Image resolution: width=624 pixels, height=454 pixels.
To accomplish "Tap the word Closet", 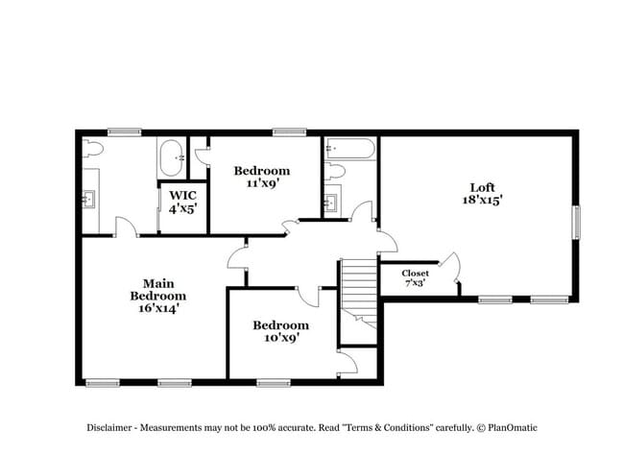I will (415, 273).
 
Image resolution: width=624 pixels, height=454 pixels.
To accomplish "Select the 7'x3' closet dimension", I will (415, 283).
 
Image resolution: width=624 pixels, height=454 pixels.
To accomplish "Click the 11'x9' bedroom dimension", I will (262, 183).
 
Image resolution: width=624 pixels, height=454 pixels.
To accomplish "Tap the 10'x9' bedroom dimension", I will (281, 338).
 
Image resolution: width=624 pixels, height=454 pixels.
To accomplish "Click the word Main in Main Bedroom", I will (157, 283).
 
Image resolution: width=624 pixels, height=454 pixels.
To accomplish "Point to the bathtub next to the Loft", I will (349, 148).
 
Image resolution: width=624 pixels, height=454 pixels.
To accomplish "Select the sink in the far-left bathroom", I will (91, 199).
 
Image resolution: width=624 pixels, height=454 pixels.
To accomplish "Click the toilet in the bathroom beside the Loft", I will (334, 172).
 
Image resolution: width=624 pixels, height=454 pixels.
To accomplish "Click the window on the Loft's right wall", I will (576, 222).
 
